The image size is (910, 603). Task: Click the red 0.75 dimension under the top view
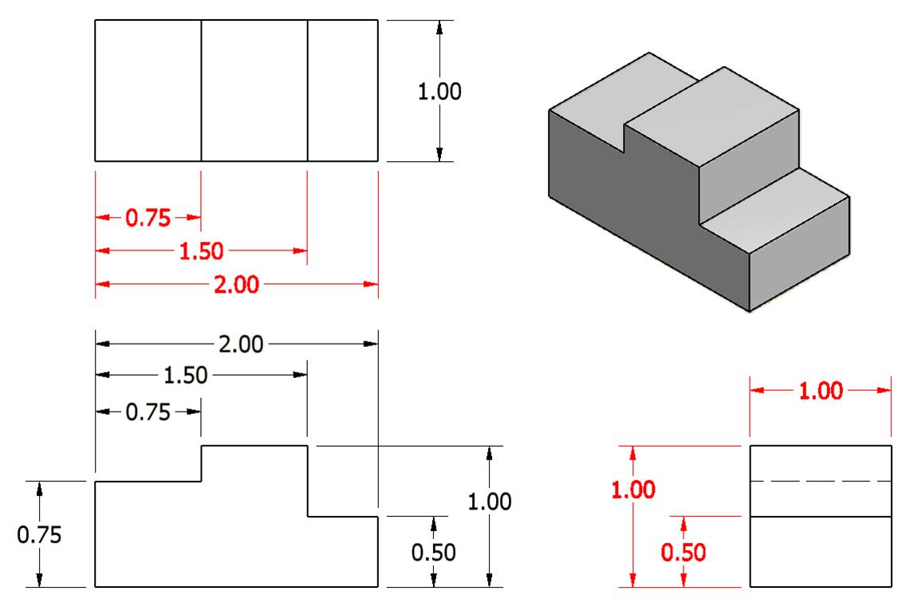coord(148,218)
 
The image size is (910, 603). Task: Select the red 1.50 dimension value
coord(201,251)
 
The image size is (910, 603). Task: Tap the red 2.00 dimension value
coord(237,284)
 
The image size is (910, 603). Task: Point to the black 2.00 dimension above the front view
coord(240,345)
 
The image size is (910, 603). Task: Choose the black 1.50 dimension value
coord(185,376)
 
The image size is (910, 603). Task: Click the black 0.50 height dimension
coord(434,552)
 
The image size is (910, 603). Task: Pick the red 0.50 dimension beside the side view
coord(683,552)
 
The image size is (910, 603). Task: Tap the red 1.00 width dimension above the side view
coord(821,391)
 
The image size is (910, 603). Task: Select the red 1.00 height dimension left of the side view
coord(633,489)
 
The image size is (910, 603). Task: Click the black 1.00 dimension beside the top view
coord(439,92)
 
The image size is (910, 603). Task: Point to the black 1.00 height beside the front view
coord(490,502)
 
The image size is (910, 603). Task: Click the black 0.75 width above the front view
coord(148,412)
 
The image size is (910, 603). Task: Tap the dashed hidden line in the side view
coord(820,482)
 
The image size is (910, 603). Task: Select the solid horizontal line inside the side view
coord(820,517)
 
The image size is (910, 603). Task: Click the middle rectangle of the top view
coord(254,90)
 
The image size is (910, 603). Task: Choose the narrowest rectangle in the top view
coord(342,90)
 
